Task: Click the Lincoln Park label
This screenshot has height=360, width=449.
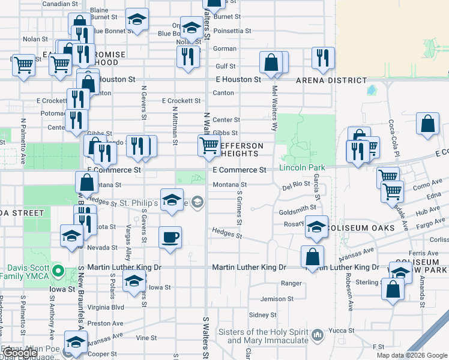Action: coord(302,167)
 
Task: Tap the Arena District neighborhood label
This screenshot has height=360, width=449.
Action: coord(331,80)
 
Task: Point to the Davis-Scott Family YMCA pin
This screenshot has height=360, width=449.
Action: coord(58,271)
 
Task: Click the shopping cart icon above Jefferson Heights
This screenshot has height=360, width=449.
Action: coord(209,145)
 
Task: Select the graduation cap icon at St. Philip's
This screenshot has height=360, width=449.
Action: coord(172,199)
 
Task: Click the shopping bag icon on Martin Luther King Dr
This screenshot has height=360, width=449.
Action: coord(313,256)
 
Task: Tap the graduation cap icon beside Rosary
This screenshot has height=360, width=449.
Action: coord(316,226)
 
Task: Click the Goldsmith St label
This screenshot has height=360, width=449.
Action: coord(297,208)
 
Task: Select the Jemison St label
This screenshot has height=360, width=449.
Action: coord(276,299)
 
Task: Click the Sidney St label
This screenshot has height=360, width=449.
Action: coord(262,314)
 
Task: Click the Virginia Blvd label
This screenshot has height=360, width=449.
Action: coord(106,306)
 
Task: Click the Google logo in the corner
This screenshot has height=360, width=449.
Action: coord(19,353)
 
